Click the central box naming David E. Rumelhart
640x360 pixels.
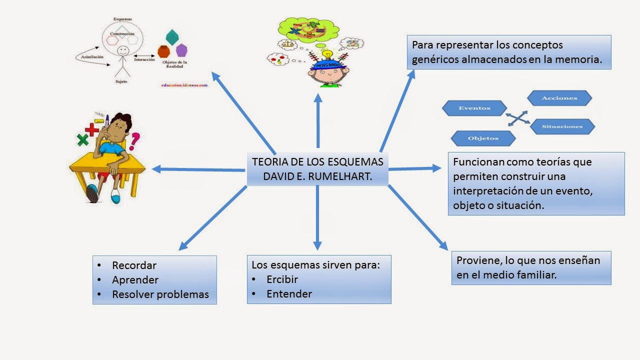click(318, 169)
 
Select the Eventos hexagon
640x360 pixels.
click(474, 108)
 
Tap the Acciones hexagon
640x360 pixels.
click(559, 98)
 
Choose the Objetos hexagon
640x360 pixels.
click(483, 138)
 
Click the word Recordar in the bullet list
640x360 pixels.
click(134, 265)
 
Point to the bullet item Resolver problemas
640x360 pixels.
click(160, 294)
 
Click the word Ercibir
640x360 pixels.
click(282, 279)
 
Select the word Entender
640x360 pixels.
click(289, 294)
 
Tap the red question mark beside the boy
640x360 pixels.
click(134, 141)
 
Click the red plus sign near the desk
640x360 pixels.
click(91, 129)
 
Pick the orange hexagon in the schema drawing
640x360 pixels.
click(163, 51)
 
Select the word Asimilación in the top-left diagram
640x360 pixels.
click(92, 57)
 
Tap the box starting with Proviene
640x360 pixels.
click(531, 267)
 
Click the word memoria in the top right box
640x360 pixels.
click(581, 59)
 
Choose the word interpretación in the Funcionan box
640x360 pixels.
click(492, 191)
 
